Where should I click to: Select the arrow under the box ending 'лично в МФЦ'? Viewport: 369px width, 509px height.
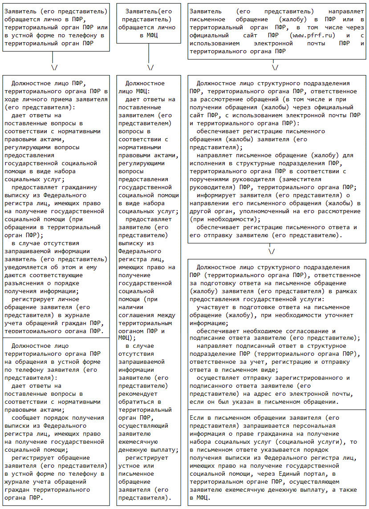click(150, 68)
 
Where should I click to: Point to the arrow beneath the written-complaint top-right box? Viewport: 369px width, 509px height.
click(275, 68)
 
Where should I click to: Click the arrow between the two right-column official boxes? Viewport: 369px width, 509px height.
click(271, 251)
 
